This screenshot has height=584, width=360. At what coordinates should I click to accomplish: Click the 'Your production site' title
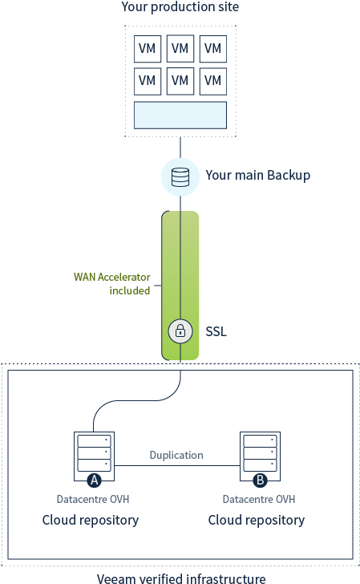click(180, 7)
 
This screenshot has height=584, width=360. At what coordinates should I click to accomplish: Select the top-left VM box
click(147, 48)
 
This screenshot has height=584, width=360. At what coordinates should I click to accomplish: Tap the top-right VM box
click(212, 48)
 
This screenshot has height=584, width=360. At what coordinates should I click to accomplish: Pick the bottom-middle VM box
click(180, 81)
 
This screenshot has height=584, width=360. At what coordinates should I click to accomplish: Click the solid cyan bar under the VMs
click(180, 115)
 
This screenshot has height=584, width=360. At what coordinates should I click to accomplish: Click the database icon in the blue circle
click(180, 176)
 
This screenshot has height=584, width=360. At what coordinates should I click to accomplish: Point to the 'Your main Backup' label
click(257, 175)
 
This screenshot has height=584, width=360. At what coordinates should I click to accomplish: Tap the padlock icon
click(180, 331)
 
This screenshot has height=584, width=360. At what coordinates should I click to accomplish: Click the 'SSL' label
click(216, 331)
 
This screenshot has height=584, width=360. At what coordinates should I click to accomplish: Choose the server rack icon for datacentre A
click(94, 454)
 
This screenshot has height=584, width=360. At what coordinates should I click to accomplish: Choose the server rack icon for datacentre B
click(260, 454)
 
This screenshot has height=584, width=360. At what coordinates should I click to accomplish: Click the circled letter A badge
click(94, 481)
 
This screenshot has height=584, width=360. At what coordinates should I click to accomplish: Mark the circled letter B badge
click(260, 481)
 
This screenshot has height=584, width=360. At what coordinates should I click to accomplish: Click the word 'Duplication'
click(176, 455)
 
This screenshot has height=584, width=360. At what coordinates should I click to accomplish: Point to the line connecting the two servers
click(176, 466)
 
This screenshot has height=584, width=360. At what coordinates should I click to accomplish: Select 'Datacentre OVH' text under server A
click(93, 500)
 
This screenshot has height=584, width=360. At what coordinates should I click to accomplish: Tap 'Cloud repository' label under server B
click(257, 520)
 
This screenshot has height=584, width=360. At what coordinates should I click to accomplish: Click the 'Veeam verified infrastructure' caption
click(181, 578)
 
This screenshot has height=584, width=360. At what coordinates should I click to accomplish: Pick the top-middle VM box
click(180, 48)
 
